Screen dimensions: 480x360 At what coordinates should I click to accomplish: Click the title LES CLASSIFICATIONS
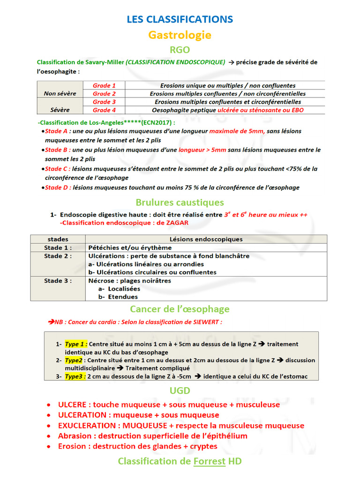pos(180,19)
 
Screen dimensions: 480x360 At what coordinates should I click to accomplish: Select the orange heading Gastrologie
pos(180,35)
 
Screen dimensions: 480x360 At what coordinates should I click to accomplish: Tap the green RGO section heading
pos(180,50)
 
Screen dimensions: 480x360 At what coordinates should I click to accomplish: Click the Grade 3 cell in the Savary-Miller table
pos(104,102)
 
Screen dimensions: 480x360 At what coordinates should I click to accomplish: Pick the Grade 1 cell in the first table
pos(104,85)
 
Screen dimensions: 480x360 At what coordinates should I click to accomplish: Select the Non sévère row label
pos(60,93)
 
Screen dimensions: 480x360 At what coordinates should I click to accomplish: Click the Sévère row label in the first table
pos(60,110)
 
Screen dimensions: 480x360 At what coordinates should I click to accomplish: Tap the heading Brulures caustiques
pos(180,202)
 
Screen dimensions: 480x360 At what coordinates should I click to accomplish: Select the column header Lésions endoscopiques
pos(206,239)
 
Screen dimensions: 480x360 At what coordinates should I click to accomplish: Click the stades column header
pos(58,239)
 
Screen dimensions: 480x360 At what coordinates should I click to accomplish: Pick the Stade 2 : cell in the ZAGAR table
pos(58,256)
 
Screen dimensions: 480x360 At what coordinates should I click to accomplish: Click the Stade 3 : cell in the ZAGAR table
pos(58,281)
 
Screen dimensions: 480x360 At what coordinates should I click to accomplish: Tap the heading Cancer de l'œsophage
pos(180,309)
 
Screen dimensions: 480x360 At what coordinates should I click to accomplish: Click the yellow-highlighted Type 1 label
pos(76,344)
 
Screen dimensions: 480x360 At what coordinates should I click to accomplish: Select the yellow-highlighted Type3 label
pos(75,376)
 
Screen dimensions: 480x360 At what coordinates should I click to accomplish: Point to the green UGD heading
pos(180,391)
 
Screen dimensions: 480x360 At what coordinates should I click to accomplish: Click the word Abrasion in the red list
pos(75,436)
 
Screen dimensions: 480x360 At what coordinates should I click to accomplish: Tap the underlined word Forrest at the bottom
pos(209,462)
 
